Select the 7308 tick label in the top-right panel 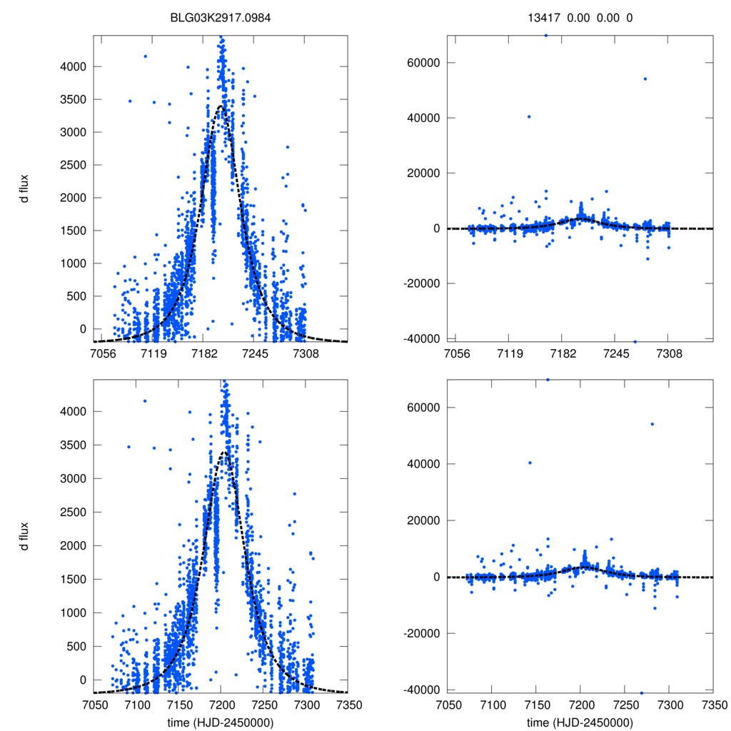coord(669,353)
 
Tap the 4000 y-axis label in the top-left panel coord(72,66)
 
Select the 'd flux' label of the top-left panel coord(24,188)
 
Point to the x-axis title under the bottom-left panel coord(221,722)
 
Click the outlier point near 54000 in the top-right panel coord(645,79)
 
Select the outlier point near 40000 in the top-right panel coord(529,116)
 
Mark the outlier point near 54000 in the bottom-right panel coord(652,424)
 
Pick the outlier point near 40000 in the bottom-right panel coord(530,463)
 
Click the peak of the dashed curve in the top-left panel coord(221,106)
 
